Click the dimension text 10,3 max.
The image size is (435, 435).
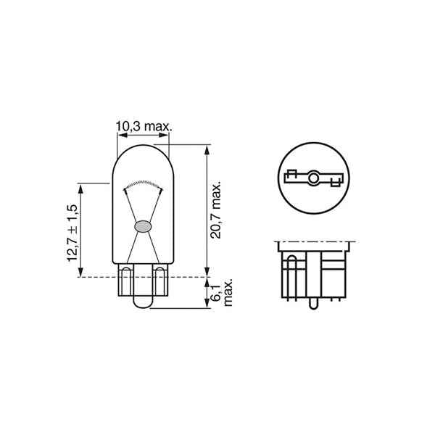pyautogui.click(x=143, y=126)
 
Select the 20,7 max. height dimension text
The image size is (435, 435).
pyautogui.click(x=216, y=210)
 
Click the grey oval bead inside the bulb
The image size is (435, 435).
pyautogui.click(x=142, y=225)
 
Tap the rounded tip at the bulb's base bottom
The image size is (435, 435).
pyautogui.click(x=142, y=306)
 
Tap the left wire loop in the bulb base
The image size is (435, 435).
pyautogui.click(x=128, y=280)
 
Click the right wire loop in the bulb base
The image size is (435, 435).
pyautogui.click(x=157, y=280)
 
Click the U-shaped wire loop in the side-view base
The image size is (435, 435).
pyautogui.click(x=291, y=275)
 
